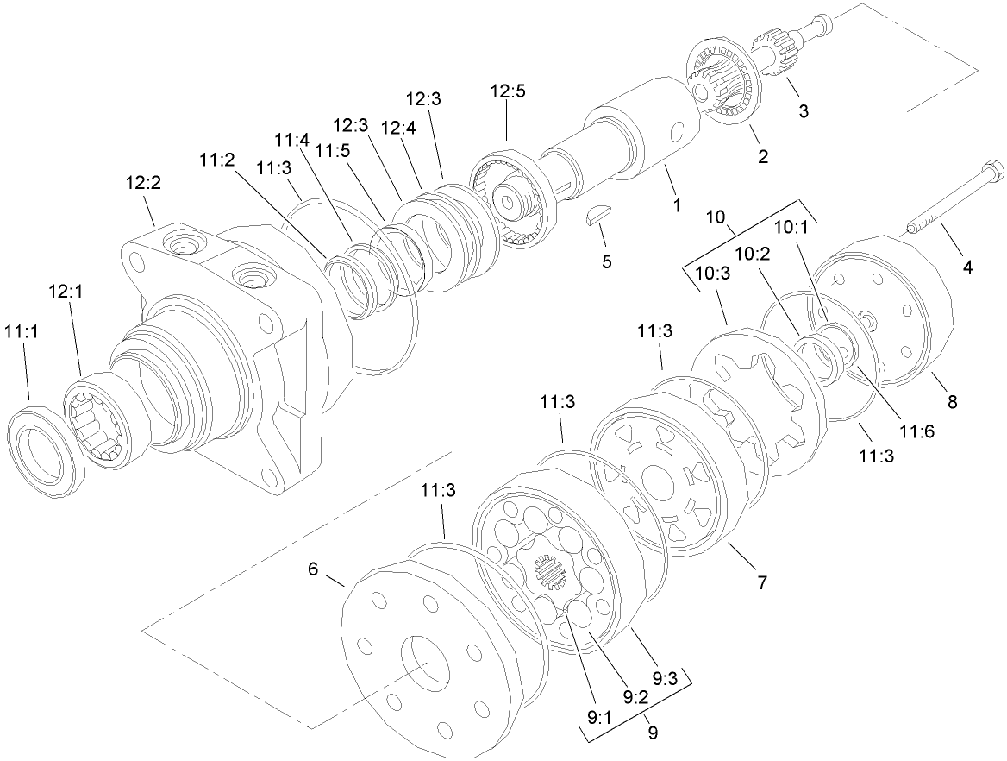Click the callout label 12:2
tap(144, 184)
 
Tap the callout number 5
tap(607, 261)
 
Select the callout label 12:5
tap(508, 92)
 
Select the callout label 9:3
tap(665, 679)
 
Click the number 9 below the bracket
tap(652, 733)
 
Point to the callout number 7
tap(761, 583)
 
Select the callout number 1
tap(678, 205)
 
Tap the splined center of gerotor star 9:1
tap(547, 570)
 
